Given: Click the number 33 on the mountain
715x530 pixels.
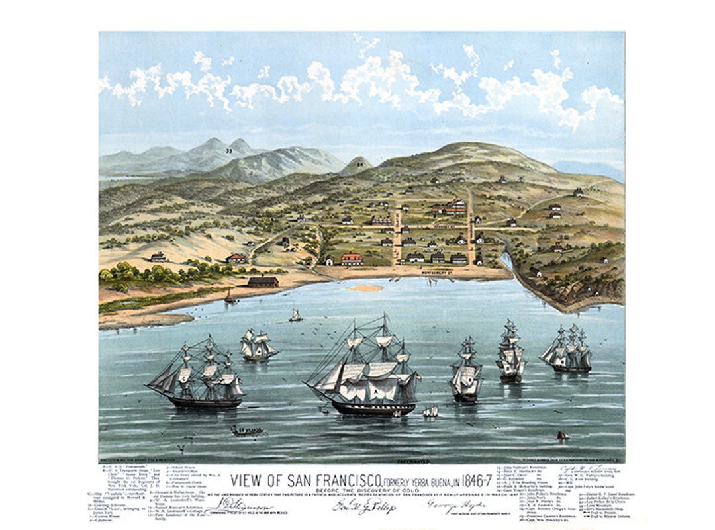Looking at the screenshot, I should click(228, 151).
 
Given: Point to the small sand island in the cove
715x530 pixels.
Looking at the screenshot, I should click(365, 288).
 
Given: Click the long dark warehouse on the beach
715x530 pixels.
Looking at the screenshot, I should click(263, 282).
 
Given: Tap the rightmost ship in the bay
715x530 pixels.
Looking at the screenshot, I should click(567, 349).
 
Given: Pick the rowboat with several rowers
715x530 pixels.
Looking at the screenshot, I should click(248, 431).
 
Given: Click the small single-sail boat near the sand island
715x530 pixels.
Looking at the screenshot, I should click(295, 316).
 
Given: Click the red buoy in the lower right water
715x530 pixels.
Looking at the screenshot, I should click(561, 435).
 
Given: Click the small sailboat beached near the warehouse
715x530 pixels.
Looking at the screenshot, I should click(230, 298).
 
